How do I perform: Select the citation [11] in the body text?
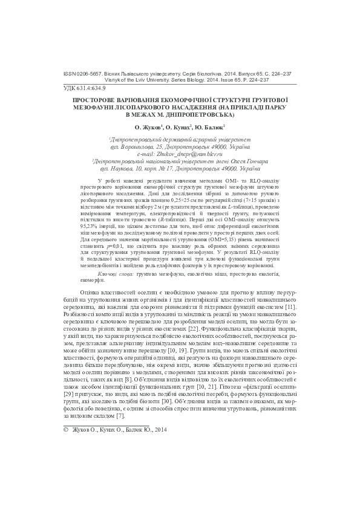tap(290, 308)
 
